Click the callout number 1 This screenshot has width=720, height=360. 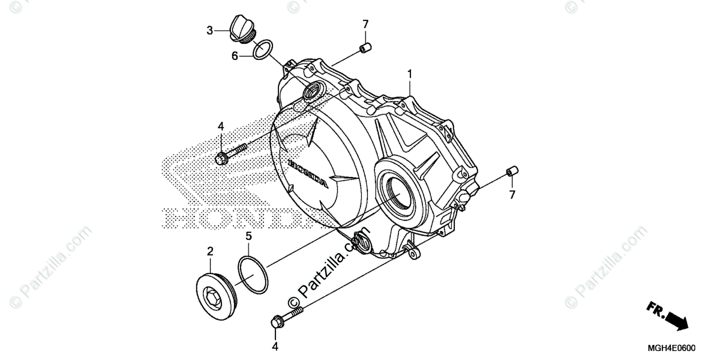coord(409,73)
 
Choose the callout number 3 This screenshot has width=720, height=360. coord(209,30)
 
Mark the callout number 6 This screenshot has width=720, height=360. coord(235,56)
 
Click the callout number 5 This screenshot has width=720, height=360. coord(248,236)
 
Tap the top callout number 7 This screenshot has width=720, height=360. coord(365,24)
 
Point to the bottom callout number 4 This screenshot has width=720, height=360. coord(275,346)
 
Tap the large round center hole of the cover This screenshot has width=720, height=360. coord(400,196)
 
